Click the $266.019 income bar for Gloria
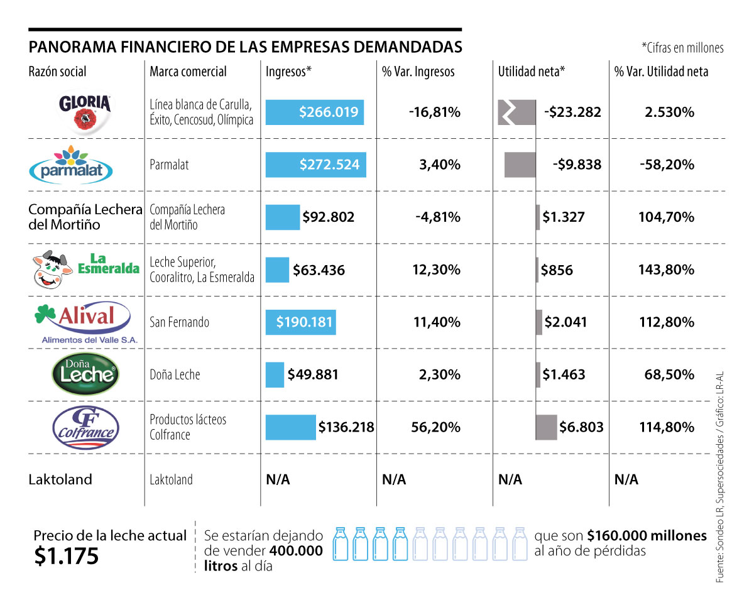click(x=314, y=112)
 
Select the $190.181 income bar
click(x=300, y=322)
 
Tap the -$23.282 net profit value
click(x=572, y=112)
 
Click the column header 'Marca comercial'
click(x=188, y=72)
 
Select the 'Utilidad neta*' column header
click(x=532, y=72)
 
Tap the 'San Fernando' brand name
click(x=179, y=322)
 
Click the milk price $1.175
click(x=67, y=556)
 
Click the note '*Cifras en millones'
click(x=682, y=48)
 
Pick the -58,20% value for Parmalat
click(x=667, y=165)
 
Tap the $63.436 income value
click(x=319, y=270)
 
